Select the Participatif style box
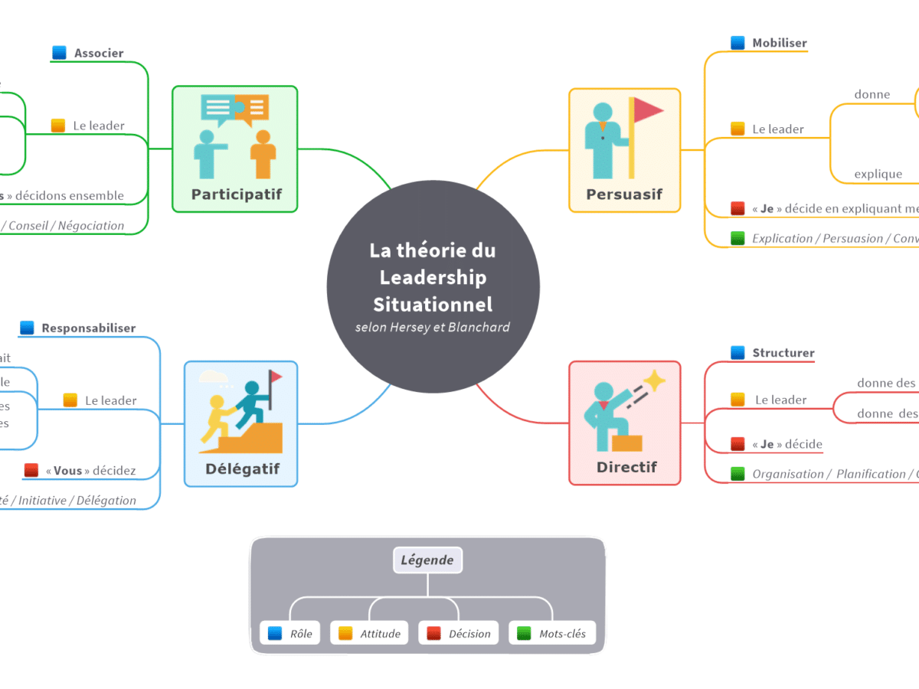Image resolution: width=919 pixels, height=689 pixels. click(x=234, y=149)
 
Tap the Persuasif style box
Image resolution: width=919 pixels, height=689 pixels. click(x=624, y=150)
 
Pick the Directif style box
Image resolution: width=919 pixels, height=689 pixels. click(x=624, y=423)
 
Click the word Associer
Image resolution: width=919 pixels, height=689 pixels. click(x=99, y=53)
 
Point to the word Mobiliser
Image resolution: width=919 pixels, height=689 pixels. click(x=779, y=43)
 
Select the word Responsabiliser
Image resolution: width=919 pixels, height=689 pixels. click(x=88, y=328)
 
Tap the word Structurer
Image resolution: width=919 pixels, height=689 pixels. click(x=783, y=353)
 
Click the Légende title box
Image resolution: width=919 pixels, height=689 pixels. click(x=427, y=560)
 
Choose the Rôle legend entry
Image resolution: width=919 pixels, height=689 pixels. click(x=291, y=633)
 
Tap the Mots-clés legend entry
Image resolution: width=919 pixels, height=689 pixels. click(x=551, y=633)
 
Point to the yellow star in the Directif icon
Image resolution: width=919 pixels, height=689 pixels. click(x=654, y=380)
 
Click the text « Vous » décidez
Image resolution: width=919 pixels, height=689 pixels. click(x=90, y=470)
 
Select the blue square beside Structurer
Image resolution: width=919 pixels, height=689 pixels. click(x=737, y=353)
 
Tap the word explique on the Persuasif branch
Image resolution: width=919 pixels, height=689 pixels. click(x=878, y=174)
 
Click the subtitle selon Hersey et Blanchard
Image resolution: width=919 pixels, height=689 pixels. click(x=433, y=327)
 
